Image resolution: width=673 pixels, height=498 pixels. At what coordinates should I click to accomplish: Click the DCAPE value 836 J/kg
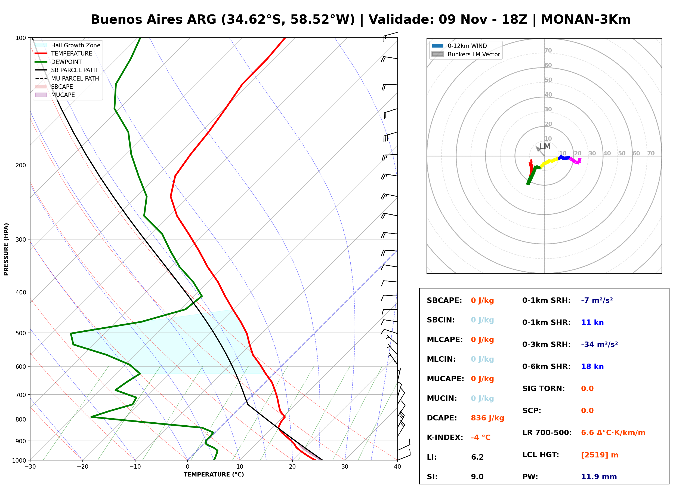tap(487, 418)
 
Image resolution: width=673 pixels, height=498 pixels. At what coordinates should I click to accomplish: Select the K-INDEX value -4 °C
tap(480, 438)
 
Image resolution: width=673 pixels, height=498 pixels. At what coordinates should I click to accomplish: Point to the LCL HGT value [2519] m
tap(600, 455)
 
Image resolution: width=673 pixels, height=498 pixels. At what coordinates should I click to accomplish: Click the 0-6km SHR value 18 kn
tap(592, 367)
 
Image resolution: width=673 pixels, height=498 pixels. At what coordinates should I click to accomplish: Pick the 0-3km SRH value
tap(599, 344)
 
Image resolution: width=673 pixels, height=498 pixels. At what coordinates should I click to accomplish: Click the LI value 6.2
tap(477, 457)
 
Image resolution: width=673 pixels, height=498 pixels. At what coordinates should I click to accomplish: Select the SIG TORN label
tap(544, 389)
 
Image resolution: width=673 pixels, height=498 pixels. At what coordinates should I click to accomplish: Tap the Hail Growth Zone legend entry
tap(68, 45)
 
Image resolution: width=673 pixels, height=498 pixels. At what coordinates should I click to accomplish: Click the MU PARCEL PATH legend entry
tap(67, 78)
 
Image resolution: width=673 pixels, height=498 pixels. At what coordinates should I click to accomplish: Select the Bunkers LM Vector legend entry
tap(466, 54)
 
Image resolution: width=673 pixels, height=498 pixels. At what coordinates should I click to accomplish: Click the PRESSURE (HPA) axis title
tap(6, 249)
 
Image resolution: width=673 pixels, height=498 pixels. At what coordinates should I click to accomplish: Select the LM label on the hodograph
tap(545, 146)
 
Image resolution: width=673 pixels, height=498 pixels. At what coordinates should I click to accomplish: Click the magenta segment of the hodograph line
tap(576, 161)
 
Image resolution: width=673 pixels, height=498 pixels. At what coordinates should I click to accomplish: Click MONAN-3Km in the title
tap(586, 20)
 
